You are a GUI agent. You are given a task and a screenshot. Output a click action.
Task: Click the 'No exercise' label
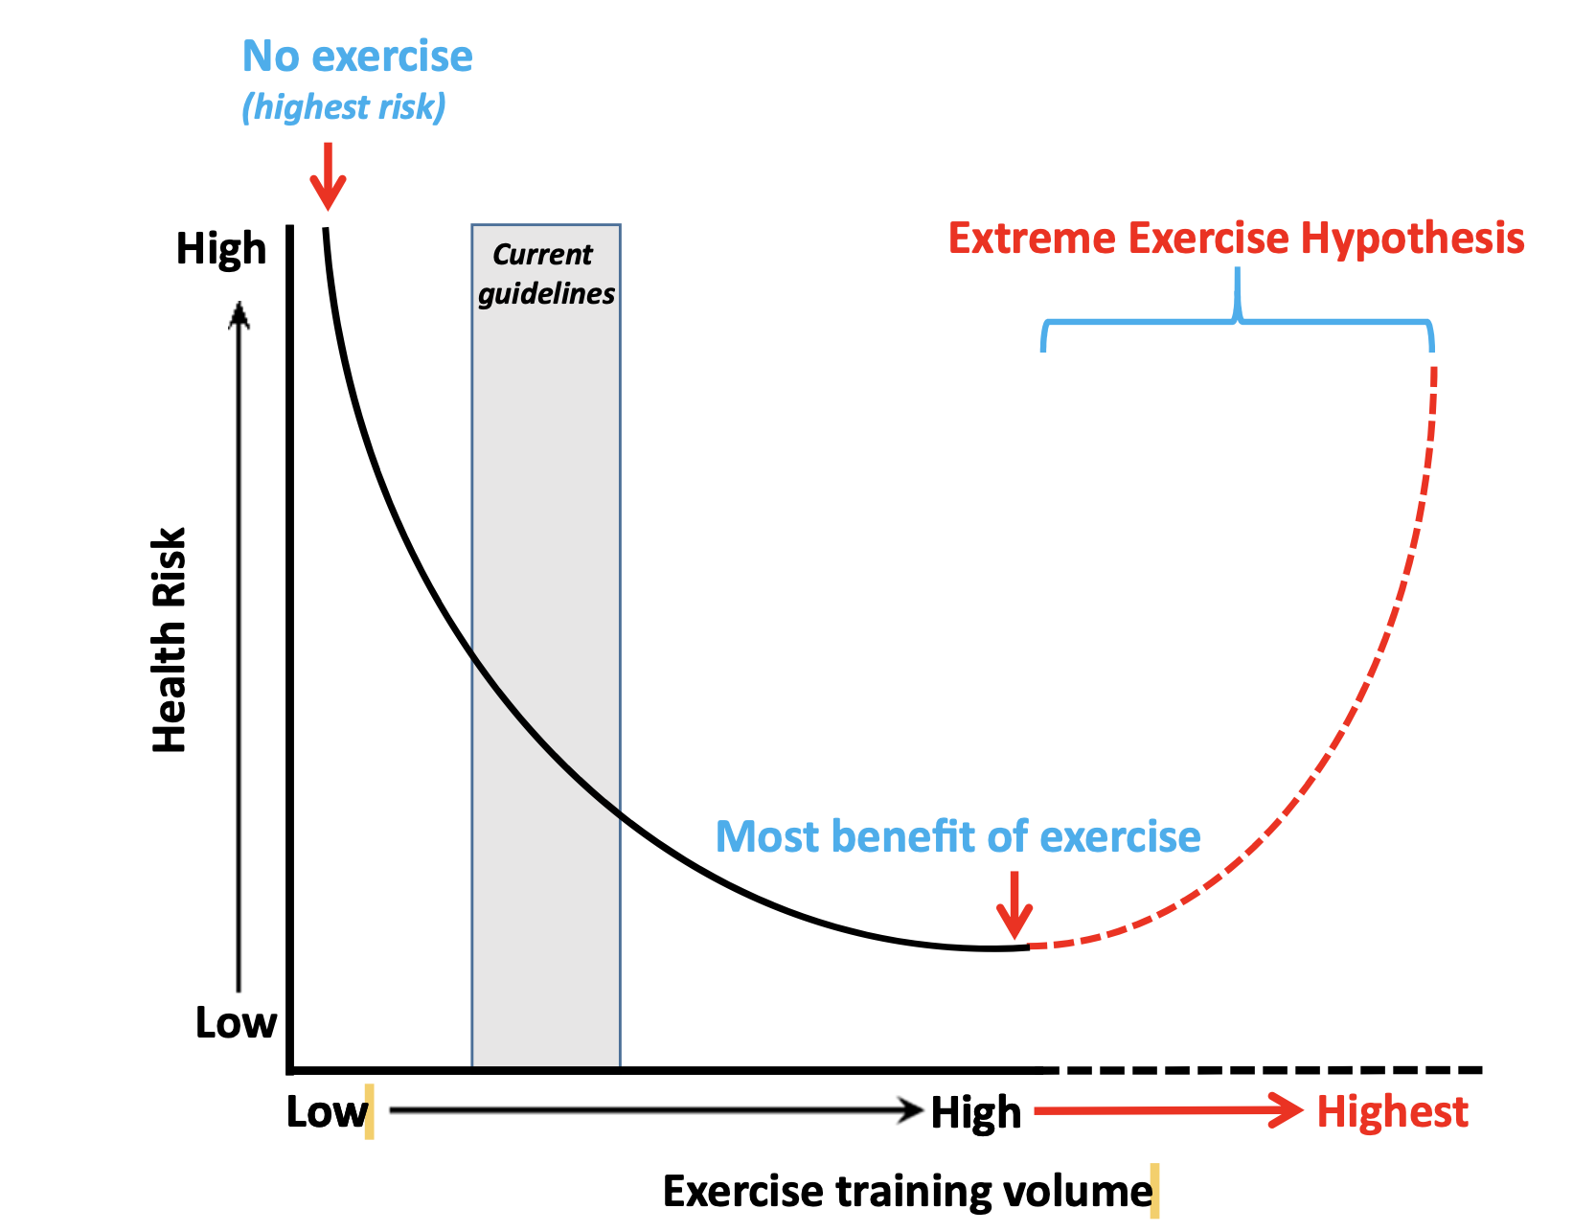click(356, 57)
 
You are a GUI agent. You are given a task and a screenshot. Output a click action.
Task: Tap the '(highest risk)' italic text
click(343, 106)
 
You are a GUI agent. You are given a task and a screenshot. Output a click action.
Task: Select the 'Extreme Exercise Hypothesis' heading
click(1236, 239)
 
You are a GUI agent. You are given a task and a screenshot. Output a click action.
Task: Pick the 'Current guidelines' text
click(546, 274)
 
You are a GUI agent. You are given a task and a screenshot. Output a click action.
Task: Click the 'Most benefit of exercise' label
click(958, 836)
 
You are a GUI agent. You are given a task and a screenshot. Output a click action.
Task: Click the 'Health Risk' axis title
click(171, 640)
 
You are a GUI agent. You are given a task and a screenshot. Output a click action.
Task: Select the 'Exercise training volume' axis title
click(907, 1192)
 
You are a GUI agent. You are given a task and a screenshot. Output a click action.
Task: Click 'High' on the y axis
click(221, 249)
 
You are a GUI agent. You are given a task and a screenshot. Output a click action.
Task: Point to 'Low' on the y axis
click(236, 1023)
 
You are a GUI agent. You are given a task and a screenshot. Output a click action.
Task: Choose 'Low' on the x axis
click(327, 1112)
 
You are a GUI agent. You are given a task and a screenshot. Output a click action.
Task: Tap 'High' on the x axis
click(976, 1113)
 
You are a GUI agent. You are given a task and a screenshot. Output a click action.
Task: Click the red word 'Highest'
click(1392, 1112)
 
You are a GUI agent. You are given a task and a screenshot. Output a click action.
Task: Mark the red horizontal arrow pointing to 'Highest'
click(1169, 1111)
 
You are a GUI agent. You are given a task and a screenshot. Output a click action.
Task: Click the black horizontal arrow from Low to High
click(656, 1111)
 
